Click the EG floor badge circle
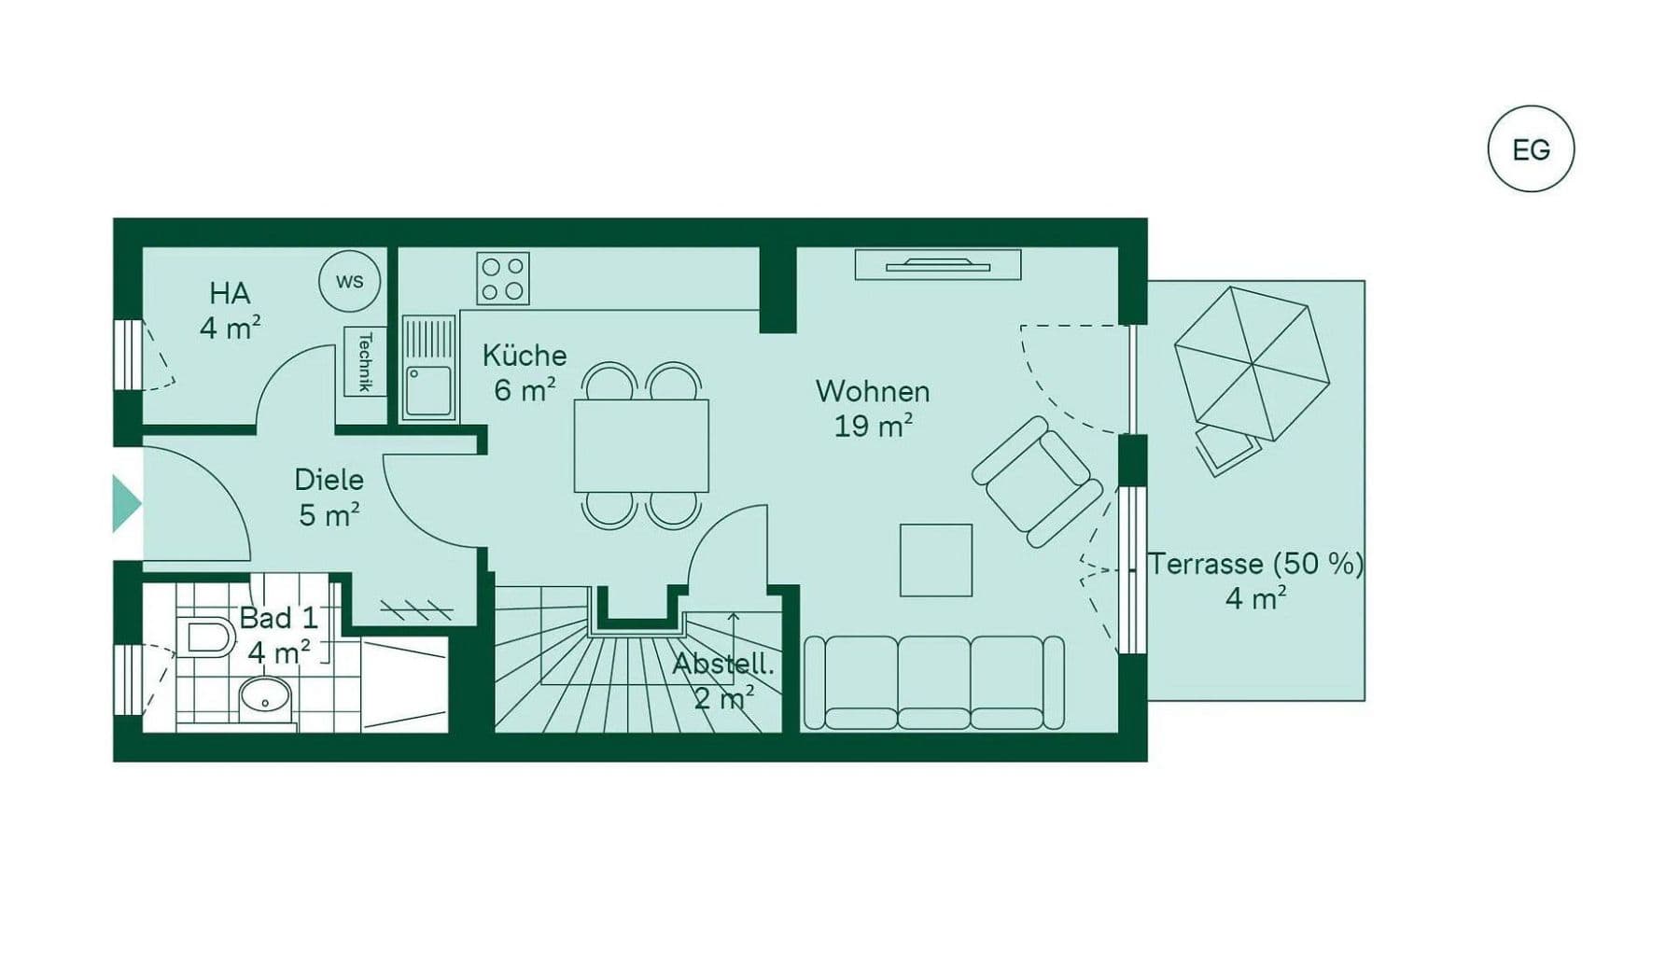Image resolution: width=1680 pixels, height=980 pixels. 1530,149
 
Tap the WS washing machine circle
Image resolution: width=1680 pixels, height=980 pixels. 349,281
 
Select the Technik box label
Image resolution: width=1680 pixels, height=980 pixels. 365,361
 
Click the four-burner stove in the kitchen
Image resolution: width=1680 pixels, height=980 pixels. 502,278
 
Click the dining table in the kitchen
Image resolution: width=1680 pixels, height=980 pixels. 641,445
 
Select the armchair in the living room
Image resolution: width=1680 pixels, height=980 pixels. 1036,481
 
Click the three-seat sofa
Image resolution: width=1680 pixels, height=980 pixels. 933,682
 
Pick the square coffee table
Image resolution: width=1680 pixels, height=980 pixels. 935,560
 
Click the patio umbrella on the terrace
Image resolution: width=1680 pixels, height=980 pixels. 1251,363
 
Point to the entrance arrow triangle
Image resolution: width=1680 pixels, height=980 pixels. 125,504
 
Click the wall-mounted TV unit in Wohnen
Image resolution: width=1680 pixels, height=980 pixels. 937,265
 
